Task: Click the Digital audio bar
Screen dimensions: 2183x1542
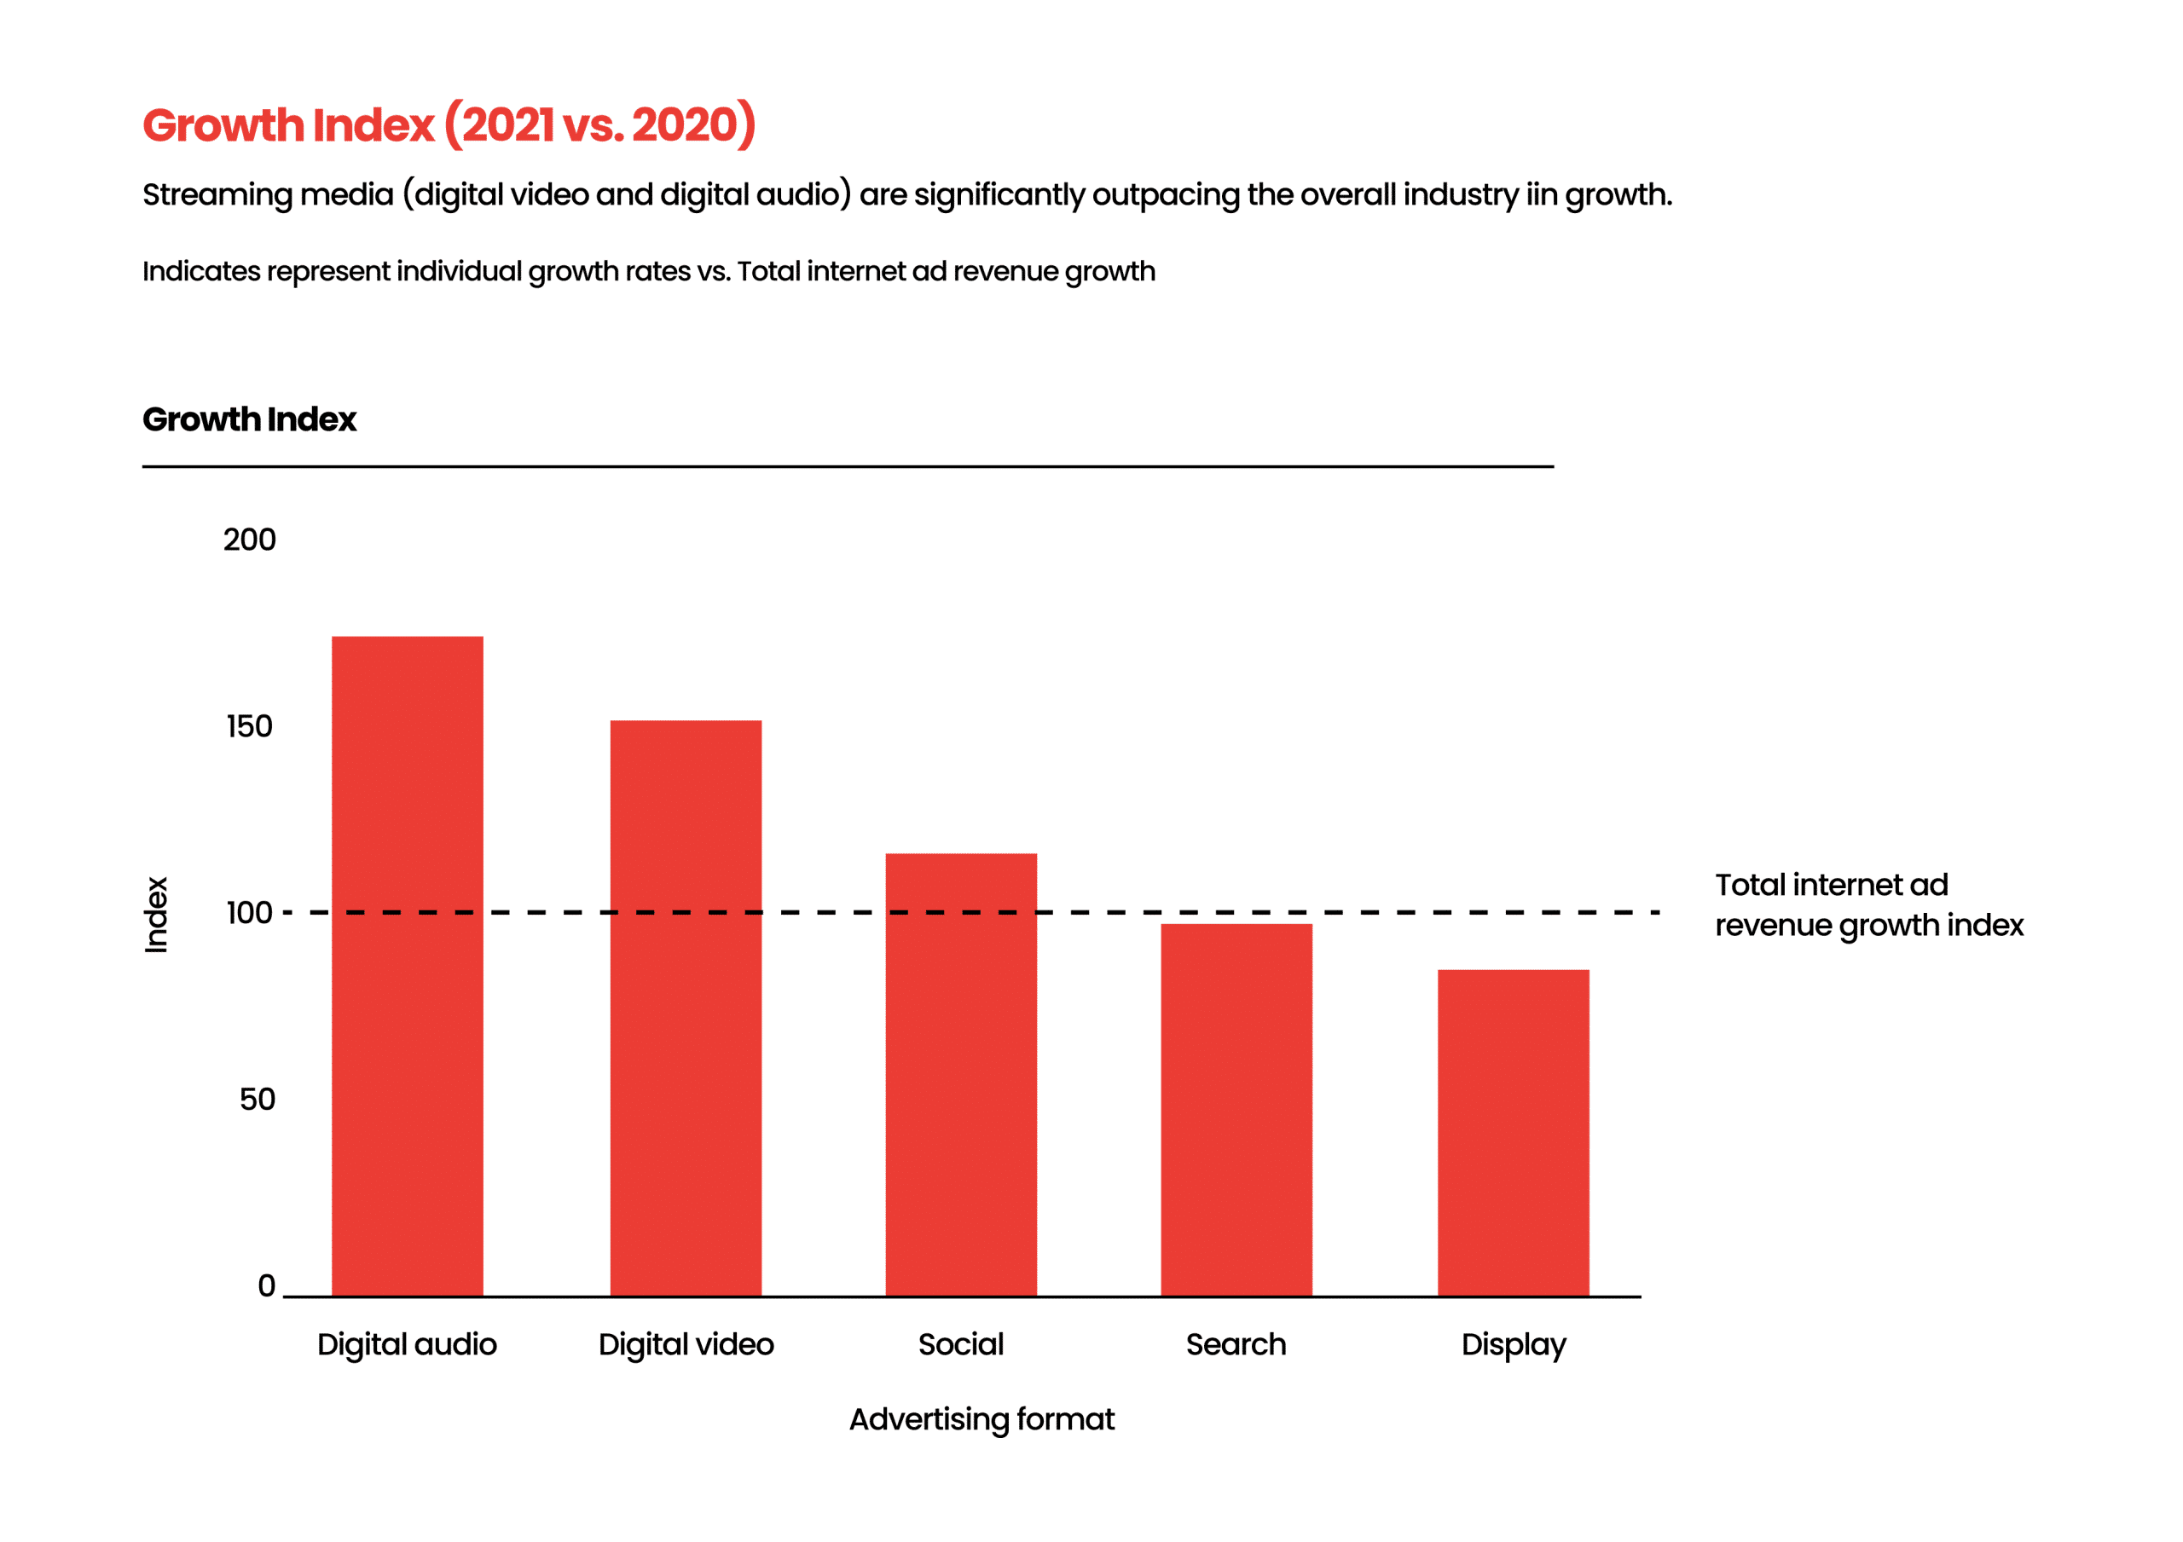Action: point(407,966)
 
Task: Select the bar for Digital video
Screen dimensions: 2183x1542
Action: point(686,1008)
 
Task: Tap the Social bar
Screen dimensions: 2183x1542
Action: point(961,1074)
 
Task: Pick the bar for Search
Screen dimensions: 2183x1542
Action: point(1236,1110)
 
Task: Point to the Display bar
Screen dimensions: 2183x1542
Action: point(1514,1132)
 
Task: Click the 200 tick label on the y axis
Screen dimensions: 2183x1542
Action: point(250,540)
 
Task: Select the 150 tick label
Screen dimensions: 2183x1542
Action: point(250,726)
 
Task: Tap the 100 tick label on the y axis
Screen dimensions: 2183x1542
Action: point(250,913)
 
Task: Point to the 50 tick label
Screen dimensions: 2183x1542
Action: point(258,1099)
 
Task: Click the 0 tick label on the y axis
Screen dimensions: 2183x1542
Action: point(267,1285)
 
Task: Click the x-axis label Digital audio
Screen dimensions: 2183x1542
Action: point(407,1344)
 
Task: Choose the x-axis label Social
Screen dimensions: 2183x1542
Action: point(961,1344)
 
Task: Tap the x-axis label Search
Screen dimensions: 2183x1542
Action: point(1236,1344)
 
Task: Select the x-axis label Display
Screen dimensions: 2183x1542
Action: point(1514,1345)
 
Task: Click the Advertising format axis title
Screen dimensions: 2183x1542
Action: point(982,1419)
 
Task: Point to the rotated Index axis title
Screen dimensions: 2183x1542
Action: point(156,915)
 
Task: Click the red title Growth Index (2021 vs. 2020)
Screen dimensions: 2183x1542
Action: point(449,124)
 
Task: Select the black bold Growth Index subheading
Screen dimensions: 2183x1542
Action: point(249,419)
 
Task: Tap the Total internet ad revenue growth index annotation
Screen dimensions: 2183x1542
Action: point(1869,905)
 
